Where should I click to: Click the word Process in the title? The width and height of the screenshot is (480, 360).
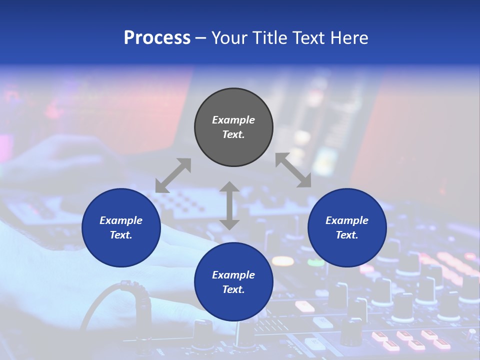[157, 38]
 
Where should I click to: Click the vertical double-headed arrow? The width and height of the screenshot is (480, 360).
[229, 205]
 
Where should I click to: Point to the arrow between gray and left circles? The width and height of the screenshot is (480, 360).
[173, 175]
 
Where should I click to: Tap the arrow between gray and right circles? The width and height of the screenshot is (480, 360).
[293, 170]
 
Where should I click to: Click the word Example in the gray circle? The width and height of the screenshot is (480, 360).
[233, 120]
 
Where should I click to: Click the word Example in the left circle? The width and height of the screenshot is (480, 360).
[121, 220]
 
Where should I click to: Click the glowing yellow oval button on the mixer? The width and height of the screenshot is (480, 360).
[282, 260]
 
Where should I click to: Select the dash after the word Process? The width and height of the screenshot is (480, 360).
[200, 38]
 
